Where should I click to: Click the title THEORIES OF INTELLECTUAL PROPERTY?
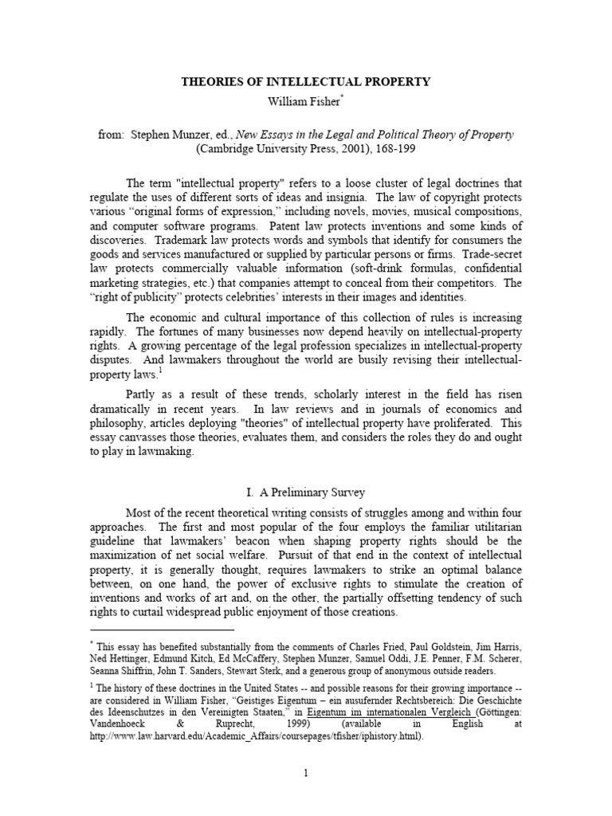[x=305, y=81]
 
